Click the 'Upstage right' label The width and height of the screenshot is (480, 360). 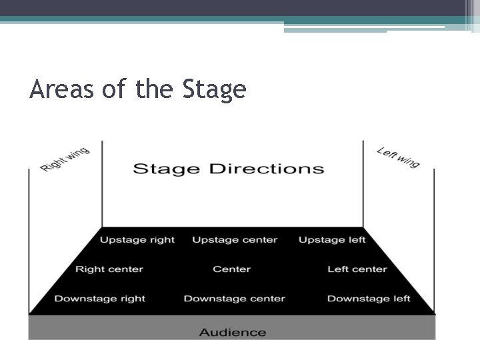coord(137,240)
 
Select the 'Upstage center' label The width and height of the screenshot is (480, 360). coord(235,240)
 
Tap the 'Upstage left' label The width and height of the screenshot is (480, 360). coord(332,240)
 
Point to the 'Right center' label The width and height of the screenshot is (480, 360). coord(109,269)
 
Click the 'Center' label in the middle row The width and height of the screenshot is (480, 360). coord(231,269)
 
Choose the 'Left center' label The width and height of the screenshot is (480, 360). coord(357,269)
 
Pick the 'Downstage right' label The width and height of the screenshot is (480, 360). coord(100,299)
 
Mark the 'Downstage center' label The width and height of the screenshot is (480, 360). coord(235,299)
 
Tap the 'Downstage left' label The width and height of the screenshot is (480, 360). coord(369,299)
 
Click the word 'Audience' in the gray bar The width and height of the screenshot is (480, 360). coord(233,332)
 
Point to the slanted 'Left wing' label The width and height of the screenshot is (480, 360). coord(399,157)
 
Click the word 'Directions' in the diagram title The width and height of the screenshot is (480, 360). coord(267,168)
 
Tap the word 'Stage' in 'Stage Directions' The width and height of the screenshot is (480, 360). coord(167,169)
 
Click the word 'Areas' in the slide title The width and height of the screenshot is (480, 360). coord(61,89)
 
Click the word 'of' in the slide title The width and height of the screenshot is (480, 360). coord(113,89)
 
